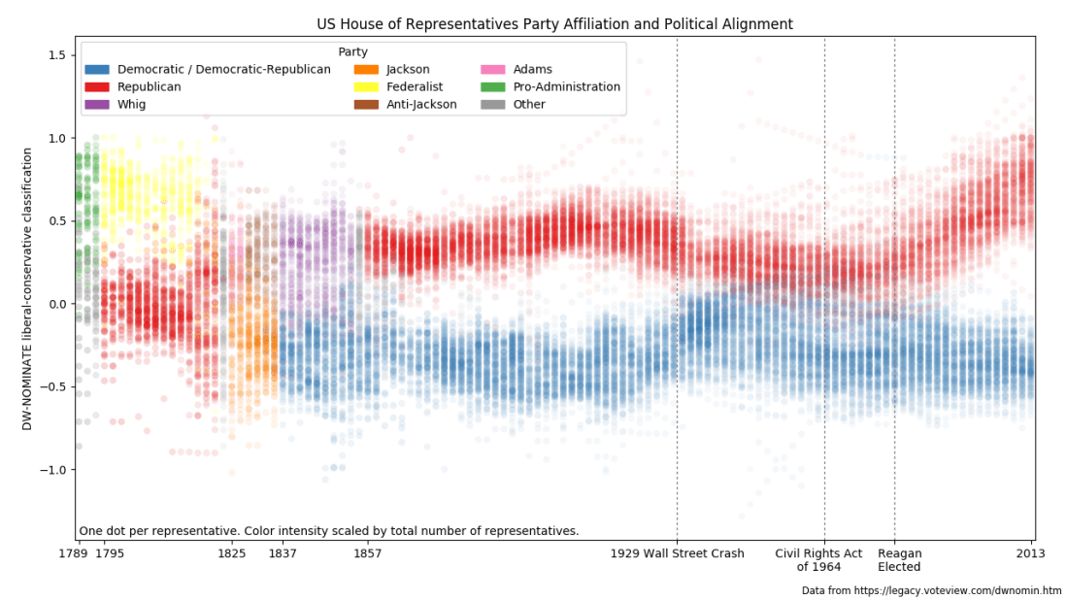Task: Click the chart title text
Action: click(554, 23)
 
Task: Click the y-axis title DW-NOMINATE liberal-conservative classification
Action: click(28, 289)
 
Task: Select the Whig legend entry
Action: click(131, 105)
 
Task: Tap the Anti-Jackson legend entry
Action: click(421, 105)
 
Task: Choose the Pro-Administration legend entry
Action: click(568, 87)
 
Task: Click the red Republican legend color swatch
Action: click(97, 87)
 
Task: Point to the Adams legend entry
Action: click(532, 70)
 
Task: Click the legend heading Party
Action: click(352, 51)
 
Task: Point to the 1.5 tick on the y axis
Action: click(57, 55)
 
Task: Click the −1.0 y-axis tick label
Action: click(53, 470)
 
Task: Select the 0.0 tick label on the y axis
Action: click(57, 304)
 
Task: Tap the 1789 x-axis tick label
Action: click(74, 553)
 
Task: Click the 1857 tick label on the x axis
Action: click(367, 553)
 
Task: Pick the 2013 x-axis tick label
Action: click(1030, 553)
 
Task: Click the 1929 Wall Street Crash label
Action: click(677, 553)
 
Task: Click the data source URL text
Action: click(931, 590)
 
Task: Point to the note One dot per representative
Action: click(328, 531)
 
